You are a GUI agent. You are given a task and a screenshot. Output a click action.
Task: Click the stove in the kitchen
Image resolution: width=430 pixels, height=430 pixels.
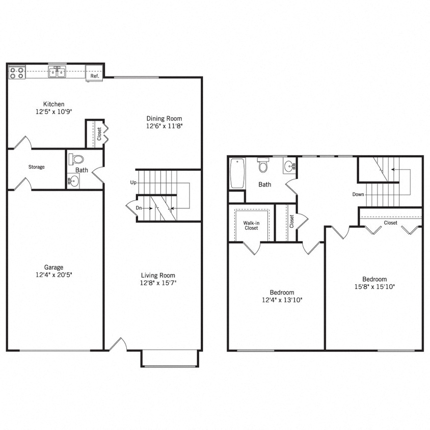tap(17, 72)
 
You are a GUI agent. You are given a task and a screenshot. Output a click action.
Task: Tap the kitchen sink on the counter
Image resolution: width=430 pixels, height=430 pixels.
tap(57, 72)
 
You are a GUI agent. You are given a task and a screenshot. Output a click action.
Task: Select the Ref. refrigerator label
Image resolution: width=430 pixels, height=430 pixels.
tap(94, 76)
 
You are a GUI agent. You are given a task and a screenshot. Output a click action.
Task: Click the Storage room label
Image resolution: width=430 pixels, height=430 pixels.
tap(36, 167)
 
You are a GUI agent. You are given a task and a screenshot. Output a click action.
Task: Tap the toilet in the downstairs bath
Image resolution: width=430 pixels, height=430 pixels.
tap(76, 159)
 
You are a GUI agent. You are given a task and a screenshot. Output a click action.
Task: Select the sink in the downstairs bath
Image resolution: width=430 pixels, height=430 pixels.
tap(74, 180)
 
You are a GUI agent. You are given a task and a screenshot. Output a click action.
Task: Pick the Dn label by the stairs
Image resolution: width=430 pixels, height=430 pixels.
tap(139, 207)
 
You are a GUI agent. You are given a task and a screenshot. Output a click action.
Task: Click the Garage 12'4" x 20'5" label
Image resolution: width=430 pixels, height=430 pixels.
tap(53, 271)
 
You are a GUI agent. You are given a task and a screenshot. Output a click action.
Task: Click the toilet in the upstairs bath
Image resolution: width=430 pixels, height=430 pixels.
tap(263, 166)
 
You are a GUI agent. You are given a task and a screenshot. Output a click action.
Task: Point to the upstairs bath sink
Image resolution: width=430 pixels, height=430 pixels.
tap(289, 166)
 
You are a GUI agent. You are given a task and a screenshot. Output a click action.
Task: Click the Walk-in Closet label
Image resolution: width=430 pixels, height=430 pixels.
tap(250, 225)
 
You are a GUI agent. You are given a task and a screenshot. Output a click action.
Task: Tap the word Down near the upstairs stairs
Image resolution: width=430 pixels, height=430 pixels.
tap(358, 194)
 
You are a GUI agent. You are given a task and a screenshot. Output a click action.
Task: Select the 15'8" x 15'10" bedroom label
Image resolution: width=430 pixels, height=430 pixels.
tap(374, 283)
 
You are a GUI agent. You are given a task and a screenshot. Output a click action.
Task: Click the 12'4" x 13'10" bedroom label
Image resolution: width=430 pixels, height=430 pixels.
tap(281, 296)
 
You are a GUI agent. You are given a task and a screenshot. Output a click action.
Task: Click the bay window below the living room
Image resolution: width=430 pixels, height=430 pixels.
tap(169, 359)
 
